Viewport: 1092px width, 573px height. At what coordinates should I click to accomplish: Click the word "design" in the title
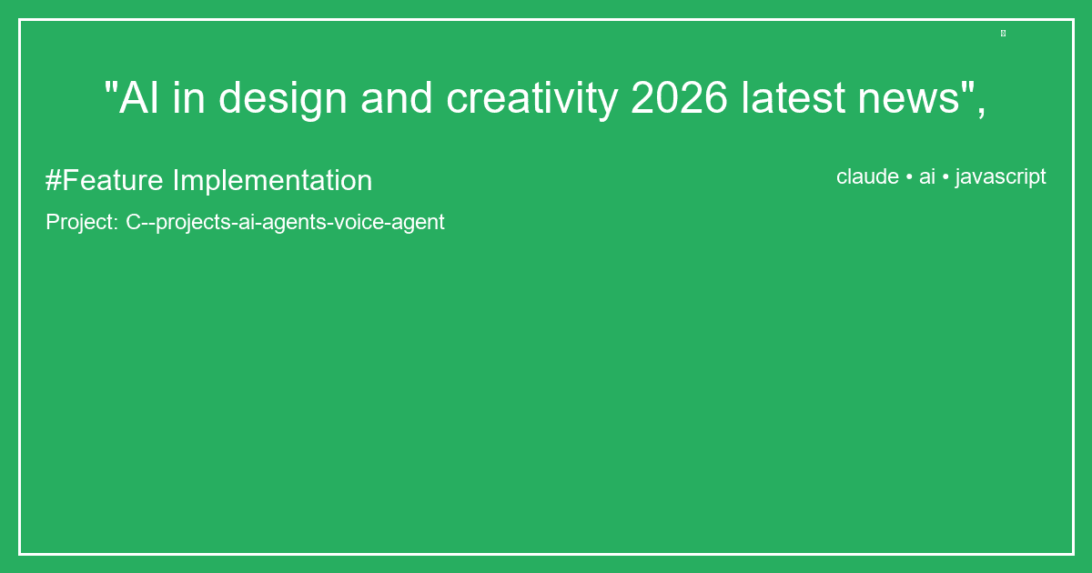pos(282,98)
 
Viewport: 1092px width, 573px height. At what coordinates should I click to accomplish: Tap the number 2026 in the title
pos(679,98)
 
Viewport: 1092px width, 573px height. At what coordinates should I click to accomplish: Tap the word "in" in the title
pos(188,98)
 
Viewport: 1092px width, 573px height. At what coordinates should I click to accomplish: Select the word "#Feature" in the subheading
pos(105,181)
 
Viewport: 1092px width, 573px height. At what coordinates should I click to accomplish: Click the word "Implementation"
pos(272,181)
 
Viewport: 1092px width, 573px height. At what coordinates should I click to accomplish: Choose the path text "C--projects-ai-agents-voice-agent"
pos(285,222)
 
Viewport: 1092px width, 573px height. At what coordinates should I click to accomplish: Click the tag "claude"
pos(867,177)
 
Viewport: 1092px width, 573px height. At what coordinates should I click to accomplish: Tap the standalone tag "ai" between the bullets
pos(927,177)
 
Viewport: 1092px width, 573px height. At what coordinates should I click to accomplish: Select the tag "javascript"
pos(1000,177)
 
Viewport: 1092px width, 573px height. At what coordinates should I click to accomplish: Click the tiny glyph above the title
pos(1003,34)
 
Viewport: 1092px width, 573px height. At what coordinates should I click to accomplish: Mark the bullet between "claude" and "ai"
pos(909,177)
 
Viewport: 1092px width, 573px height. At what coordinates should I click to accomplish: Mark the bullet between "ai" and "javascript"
pos(945,177)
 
